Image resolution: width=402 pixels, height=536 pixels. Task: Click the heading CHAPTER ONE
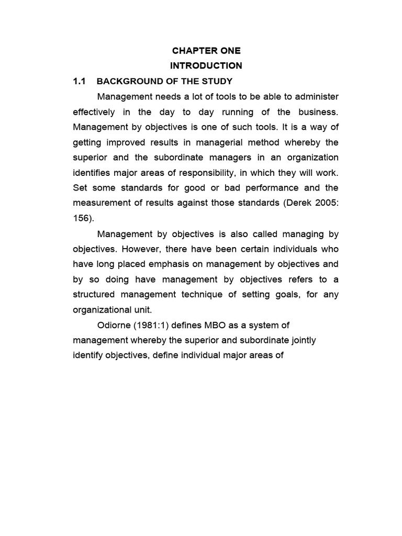(x=206, y=51)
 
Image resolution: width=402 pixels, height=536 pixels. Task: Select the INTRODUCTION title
(x=206, y=66)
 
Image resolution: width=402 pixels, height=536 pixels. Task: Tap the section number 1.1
(x=79, y=81)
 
